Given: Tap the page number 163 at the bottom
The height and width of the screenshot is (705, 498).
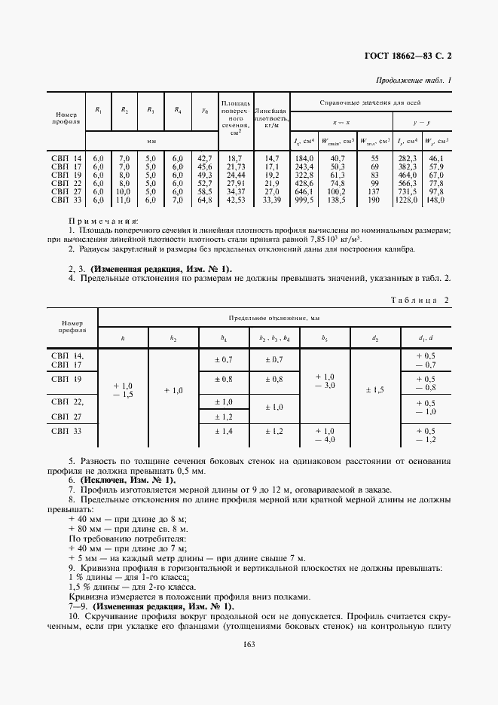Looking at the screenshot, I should pos(250,642).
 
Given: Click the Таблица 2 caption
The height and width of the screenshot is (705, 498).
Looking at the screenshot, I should pos(420,300).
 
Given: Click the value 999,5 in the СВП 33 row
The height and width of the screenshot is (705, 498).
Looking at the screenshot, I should pos(304,200).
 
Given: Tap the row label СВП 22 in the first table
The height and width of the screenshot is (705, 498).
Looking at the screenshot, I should pos(66,183).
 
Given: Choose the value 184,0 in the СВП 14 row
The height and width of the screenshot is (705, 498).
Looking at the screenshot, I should pos(304,158).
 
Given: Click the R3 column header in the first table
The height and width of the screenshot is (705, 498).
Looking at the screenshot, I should pos(151,110).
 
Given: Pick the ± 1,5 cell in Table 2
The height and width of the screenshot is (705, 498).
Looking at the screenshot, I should pos(374,390).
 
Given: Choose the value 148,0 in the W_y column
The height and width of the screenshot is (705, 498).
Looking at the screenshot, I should pos(435,200).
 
